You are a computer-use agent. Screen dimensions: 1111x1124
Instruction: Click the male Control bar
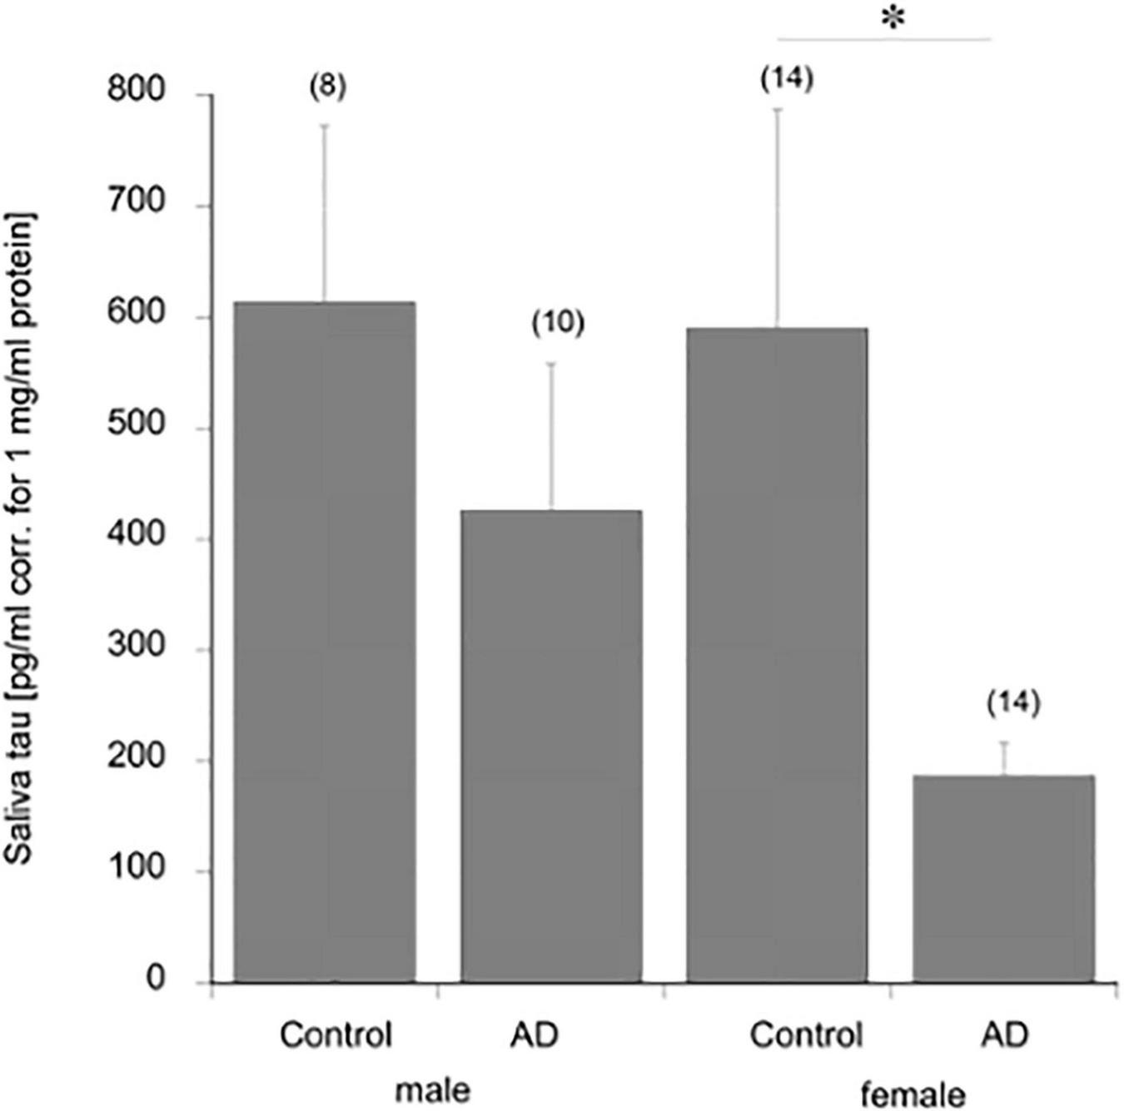(x=325, y=641)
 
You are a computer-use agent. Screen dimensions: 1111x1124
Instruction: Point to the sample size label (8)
(x=327, y=87)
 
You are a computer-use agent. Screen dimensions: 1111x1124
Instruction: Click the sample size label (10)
(x=558, y=323)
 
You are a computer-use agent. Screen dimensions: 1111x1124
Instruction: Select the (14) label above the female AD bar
(x=1013, y=703)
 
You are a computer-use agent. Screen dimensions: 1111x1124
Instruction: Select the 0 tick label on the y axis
(x=156, y=980)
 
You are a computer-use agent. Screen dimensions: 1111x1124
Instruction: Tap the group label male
(x=433, y=1089)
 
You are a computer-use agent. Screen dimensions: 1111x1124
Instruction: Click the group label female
(x=913, y=1094)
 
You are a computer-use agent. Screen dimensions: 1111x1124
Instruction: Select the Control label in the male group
(x=336, y=1035)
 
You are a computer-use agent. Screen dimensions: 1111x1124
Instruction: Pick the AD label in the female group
(x=1004, y=1035)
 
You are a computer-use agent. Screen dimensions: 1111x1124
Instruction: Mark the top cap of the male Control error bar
(x=325, y=125)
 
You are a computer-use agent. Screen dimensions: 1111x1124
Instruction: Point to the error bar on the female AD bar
(x=1004, y=758)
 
